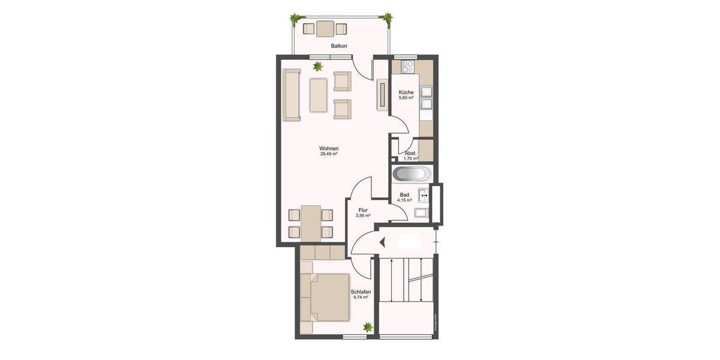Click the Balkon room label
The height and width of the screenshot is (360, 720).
(x=339, y=46)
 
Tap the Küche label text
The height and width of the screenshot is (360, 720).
(x=406, y=92)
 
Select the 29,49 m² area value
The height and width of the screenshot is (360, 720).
(x=329, y=154)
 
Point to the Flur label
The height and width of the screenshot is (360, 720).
(x=362, y=210)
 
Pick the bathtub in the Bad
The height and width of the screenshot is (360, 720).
(x=411, y=175)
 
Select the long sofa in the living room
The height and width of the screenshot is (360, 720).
(x=292, y=94)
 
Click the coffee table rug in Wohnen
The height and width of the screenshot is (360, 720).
(x=319, y=94)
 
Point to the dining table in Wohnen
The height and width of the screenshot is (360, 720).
(x=310, y=223)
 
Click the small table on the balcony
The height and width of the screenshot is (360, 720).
(x=325, y=28)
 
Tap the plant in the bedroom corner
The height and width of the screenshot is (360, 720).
(x=367, y=327)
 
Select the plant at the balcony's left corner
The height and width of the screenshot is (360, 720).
(x=295, y=20)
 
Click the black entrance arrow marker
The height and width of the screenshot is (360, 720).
(x=382, y=242)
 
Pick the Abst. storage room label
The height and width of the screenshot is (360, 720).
(x=411, y=154)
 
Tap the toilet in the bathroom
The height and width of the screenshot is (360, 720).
(x=421, y=213)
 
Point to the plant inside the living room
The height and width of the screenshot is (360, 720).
(x=317, y=66)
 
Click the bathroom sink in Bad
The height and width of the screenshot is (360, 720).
(x=424, y=194)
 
